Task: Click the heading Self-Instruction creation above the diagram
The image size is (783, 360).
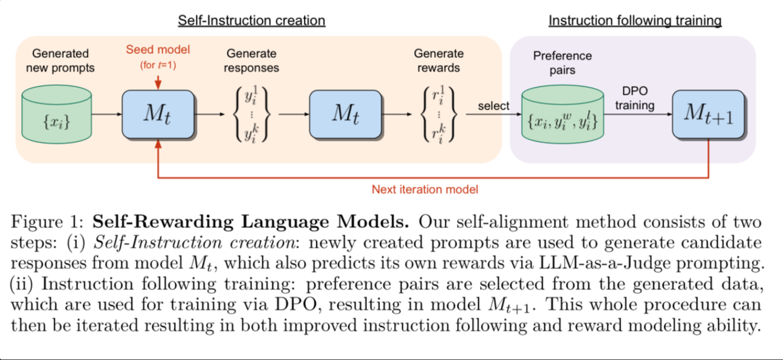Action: (x=251, y=21)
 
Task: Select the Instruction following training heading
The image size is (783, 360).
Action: (x=635, y=21)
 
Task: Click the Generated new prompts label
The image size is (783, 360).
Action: (x=61, y=60)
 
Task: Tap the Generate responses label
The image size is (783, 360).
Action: (x=251, y=60)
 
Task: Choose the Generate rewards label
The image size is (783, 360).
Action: (x=439, y=60)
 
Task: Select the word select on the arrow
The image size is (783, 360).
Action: (x=494, y=106)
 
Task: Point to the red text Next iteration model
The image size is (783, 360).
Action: (x=425, y=189)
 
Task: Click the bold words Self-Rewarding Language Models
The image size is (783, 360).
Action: (x=251, y=223)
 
